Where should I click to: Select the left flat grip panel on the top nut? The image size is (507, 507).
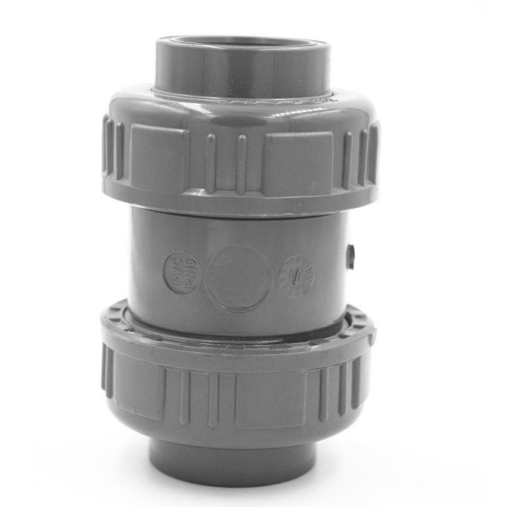tap(157, 158)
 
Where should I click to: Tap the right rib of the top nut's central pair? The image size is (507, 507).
tap(241, 164)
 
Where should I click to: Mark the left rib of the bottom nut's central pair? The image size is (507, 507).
tap(185, 397)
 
